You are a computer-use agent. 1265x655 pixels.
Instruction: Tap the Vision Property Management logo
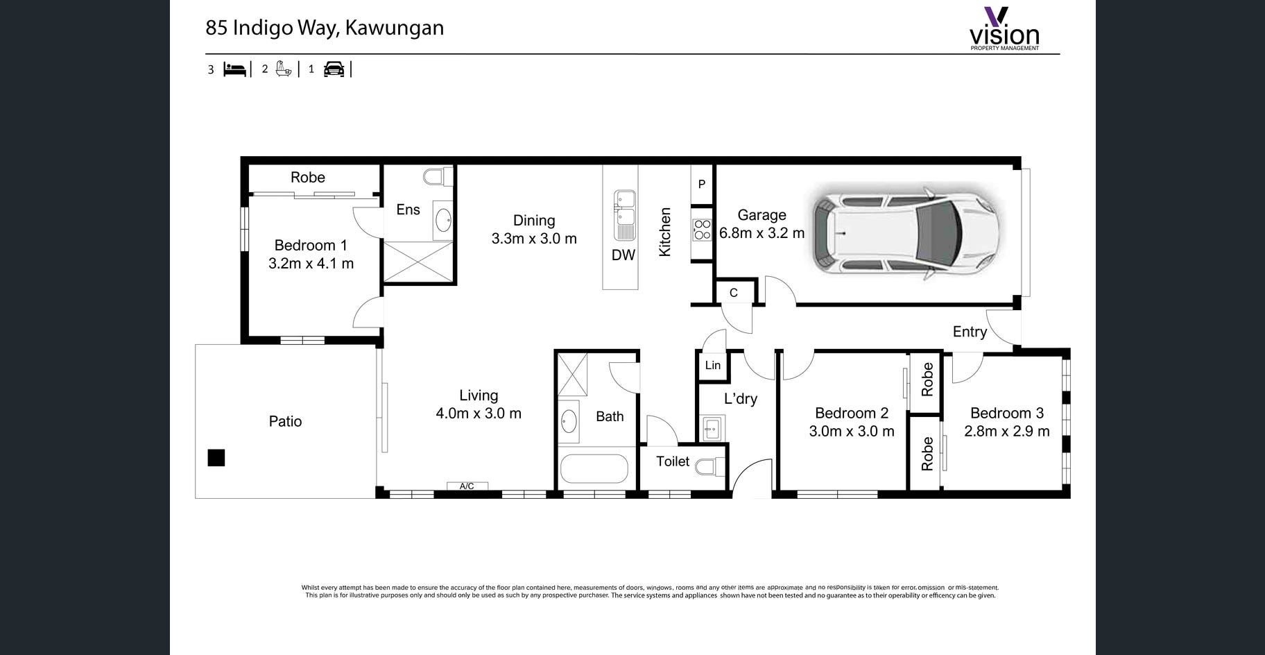pos(1004,29)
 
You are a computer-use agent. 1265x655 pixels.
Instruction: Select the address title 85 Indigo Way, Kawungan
pos(325,28)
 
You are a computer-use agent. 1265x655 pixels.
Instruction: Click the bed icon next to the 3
pos(235,69)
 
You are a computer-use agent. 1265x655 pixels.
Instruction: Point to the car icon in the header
pos(334,69)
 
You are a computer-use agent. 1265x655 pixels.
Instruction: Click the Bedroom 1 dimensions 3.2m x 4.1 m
pos(311,264)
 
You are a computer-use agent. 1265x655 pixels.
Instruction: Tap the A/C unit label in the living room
pos(467,486)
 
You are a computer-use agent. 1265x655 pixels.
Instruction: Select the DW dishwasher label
pos(623,255)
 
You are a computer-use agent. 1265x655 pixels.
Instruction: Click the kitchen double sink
pos(624,216)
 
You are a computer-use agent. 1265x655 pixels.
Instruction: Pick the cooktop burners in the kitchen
pos(703,230)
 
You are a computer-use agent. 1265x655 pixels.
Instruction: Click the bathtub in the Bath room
pos(594,469)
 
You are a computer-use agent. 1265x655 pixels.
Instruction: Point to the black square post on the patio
pos(216,458)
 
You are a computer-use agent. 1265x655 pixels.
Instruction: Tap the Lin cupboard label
pos(713,366)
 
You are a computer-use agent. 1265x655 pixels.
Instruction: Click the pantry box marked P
pos(702,185)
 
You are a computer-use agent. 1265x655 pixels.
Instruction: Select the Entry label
pos(970,332)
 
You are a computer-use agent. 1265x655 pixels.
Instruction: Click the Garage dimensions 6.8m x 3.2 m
pos(762,233)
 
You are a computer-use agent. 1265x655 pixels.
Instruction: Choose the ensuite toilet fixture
pos(437,178)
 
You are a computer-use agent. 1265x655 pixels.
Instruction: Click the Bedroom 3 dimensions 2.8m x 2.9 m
pos(1007,432)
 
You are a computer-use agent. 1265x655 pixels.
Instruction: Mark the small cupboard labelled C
pos(734,293)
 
